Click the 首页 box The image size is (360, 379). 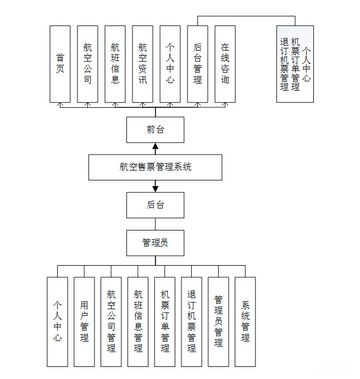[60, 64]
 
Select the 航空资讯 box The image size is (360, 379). [142, 64]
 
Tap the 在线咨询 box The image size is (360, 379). [225, 64]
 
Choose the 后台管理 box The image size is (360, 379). [197, 64]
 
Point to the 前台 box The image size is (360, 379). [155, 130]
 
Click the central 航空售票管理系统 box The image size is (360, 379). [155, 167]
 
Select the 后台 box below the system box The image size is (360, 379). [155, 205]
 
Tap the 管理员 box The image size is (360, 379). [155, 243]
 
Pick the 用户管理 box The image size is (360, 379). [84, 321]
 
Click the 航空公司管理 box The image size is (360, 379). [111, 321]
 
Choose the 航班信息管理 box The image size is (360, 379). [138, 321]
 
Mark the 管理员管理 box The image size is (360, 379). [218, 321]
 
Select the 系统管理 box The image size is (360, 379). [245, 321]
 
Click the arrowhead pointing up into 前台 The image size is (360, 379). [155, 147]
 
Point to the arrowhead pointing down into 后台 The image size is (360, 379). [155, 188]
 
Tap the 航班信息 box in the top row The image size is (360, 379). [115, 64]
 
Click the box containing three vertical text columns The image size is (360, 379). [295, 64]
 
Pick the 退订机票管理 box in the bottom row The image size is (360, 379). [191, 321]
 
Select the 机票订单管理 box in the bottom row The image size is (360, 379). [165, 321]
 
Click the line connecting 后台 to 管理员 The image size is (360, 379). [155, 224]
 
